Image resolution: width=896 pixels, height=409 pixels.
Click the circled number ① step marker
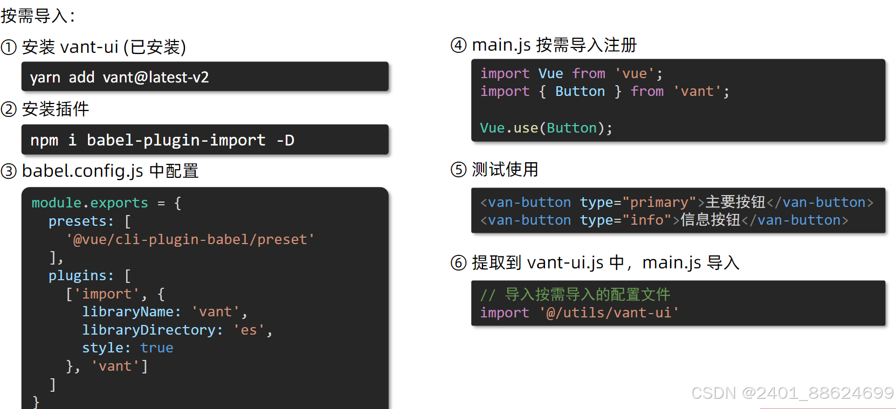(x=9, y=47)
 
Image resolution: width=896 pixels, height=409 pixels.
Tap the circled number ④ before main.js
(x=458, y=45)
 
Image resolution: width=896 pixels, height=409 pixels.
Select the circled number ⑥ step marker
(x=458, y=263)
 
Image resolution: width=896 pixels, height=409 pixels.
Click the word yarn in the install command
(x=45, y=78)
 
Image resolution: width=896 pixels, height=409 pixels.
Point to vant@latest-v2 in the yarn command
(x=156, y=78)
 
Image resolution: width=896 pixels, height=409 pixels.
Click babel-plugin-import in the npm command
(x=176, y=140)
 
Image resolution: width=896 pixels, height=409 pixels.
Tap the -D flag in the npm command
(x=285, y=140)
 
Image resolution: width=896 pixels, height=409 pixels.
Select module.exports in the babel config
(x=89, y=203)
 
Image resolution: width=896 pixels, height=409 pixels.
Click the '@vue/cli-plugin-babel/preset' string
(x=190, y=239)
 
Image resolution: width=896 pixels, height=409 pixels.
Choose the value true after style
(x=157, y=348)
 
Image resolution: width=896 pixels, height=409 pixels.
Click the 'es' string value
(x=249, y=330)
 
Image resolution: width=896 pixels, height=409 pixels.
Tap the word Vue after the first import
(x=550, y=73)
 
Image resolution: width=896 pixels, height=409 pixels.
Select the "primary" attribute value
(x=659, y=202)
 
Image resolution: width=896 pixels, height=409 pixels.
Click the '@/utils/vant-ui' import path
(x=609, y=313)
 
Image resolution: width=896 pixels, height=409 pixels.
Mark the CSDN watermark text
(x=792, y=393)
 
